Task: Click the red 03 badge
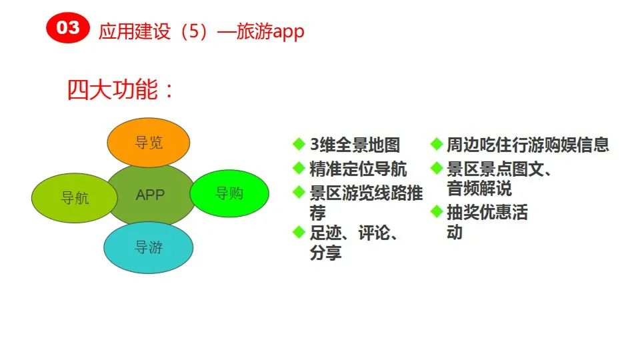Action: [67, 28]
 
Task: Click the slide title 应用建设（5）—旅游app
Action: [201, 31]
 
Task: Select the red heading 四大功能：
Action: [120, 90]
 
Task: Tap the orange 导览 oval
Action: [149, 142]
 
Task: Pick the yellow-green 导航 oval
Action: [74, 198]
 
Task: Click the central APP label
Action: [150, 195]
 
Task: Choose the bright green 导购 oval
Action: [229, 193]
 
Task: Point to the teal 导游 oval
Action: [148, 248]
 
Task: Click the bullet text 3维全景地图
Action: [355, 145]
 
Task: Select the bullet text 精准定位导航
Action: [358, 169]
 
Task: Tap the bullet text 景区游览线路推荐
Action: [365, 203]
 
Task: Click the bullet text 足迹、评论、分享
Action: [353, 243]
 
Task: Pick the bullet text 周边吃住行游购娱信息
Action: [527, 145]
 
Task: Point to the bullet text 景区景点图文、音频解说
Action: [499, 178]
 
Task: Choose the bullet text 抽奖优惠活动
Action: [487, 222]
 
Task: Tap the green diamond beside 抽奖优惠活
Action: [436, 213]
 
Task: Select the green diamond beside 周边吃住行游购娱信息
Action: [436, 144]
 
